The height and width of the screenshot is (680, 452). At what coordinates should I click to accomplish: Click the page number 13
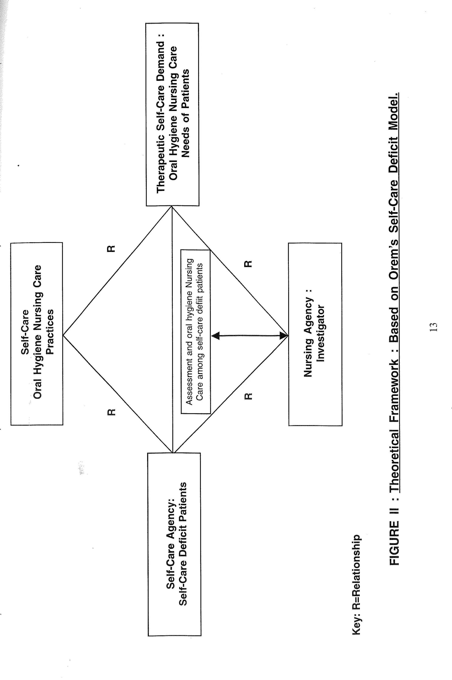coord(433,327)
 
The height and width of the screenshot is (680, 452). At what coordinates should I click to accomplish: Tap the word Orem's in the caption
coord(394,263)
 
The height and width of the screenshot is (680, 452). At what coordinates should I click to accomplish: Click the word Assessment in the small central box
coord(189,381)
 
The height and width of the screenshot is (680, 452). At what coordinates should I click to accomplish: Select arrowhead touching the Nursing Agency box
coord(284,335)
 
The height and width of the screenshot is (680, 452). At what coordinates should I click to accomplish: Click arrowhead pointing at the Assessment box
coord(216,335)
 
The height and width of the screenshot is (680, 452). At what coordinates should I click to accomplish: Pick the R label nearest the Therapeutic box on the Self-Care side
coord(111,249)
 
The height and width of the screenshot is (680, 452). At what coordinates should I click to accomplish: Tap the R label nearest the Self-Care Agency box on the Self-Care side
coord(111,412)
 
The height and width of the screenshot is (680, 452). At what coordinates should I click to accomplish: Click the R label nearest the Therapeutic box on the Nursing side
coord(248,264)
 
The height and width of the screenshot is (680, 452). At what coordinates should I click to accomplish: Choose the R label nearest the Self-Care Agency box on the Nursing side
coord(248,396)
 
